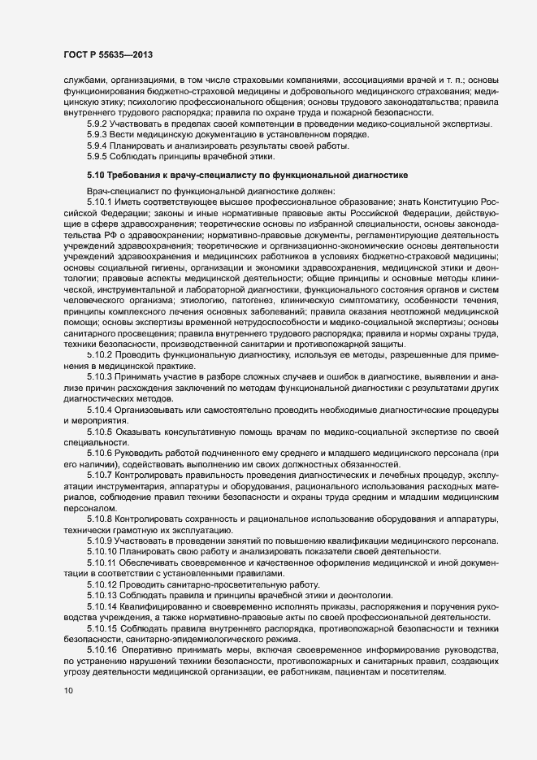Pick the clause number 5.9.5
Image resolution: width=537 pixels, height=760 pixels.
(x=97, y=155)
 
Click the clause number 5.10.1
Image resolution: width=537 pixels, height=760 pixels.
(x=100, y=200)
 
